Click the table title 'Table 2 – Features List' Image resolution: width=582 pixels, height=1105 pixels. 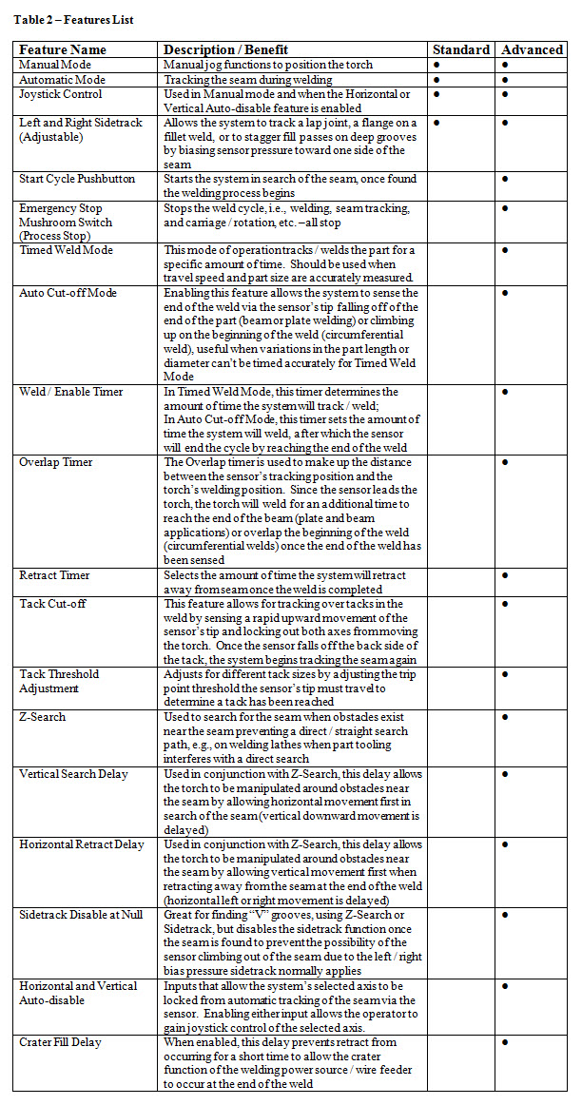point(73,19)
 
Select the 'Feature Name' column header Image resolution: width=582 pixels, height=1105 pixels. point(63,49)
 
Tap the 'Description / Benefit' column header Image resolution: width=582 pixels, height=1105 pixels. point(225,49)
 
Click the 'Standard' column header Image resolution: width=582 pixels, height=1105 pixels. point(460,49)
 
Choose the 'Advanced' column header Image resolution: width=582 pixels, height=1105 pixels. point(532,49)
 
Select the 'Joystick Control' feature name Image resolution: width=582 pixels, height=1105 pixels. point(61,94)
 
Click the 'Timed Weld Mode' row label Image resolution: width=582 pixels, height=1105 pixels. point(67,250)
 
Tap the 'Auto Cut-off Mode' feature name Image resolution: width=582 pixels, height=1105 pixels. point(68,293)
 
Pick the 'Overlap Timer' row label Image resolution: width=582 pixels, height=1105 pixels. point(56,462)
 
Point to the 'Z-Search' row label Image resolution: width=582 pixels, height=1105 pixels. point(43,717)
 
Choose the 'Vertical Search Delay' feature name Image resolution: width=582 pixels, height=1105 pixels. point(73,774)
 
